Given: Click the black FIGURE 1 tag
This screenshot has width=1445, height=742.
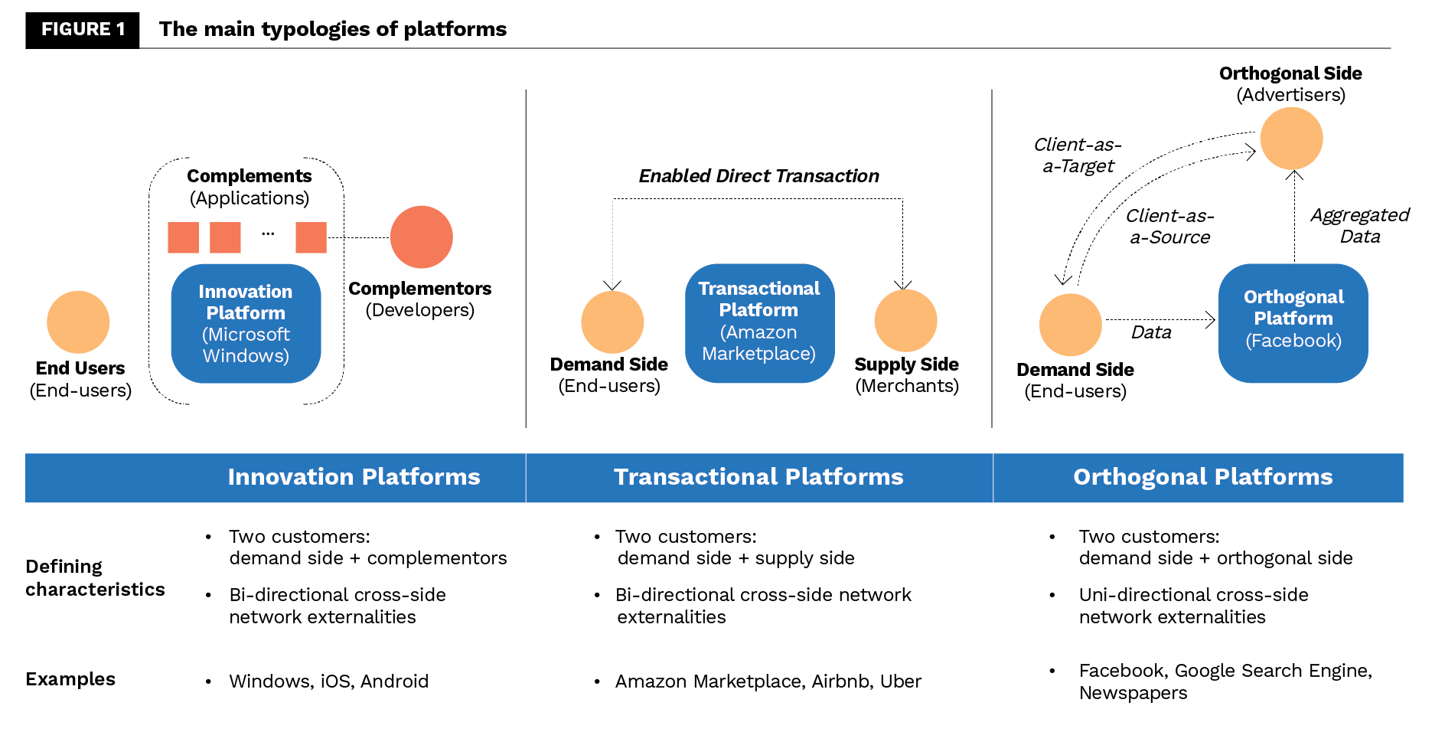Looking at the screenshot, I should click(83, 30).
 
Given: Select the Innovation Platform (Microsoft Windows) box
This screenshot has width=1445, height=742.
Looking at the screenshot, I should click(246, 323).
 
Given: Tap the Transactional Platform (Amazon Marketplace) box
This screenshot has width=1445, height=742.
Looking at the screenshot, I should click(759, 322).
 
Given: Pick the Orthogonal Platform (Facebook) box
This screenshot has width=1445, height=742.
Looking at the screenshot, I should click(1293, 322).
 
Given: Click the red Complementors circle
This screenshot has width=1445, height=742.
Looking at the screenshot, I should click(421, 237).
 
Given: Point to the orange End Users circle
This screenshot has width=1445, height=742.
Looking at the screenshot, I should click(78, 322).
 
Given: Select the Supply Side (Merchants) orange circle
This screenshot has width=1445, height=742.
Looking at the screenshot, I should click(905, 321).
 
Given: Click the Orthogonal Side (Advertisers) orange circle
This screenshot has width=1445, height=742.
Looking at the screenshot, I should click(1291, 139).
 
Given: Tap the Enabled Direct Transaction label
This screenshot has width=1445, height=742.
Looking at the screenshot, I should click(758, 176).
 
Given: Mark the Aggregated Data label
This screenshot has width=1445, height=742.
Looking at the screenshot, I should click(1359, 226).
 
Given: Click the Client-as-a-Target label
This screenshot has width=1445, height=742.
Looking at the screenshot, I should click(1078, 155).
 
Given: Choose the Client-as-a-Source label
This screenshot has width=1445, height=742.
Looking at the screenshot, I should click(1169, 227).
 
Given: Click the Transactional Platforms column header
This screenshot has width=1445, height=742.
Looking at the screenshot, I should click(758, 477).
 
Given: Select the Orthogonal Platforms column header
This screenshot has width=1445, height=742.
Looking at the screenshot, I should click(1202, 477).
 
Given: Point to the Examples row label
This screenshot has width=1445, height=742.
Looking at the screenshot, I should click(70, 679).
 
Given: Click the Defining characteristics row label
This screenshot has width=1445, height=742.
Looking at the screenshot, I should click(95, 578).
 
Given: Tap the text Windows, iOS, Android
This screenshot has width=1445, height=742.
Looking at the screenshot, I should click(328, 682).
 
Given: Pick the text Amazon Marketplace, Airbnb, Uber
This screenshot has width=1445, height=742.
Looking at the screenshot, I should click(768, 682).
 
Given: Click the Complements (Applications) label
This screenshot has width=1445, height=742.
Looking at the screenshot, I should click(250, 188).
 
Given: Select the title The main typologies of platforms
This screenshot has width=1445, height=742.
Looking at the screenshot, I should click(333, 29).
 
